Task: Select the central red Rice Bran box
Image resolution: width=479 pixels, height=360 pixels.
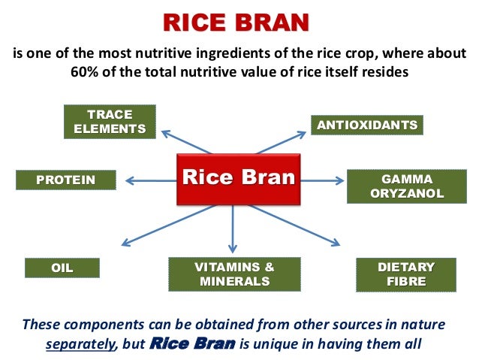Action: pyautogui.click(x=237, y=179)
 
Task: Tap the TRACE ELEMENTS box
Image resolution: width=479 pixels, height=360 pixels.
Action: pyautogui.click(x=110, y=123)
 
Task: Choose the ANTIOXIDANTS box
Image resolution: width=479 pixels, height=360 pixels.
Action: pyautogui.click(x=367, y=125)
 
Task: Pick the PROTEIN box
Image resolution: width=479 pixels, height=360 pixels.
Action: pyautogui.click(x=66, y=180)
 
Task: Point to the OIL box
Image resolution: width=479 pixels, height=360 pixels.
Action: pyautogui.click(x=62, y=268)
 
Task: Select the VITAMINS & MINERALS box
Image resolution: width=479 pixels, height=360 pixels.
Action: pyautogui.click(x=234, y=274)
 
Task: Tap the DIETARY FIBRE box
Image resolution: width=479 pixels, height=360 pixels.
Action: pyautogui.click(x=406, y=274)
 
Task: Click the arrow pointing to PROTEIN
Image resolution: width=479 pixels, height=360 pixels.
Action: pyautogui.click(x=150, y=180)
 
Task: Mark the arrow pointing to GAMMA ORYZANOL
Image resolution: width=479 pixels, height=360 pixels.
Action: pyautogui.click(x=322, y=180)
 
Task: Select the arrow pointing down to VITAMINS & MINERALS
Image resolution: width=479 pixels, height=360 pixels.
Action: pyautogui.click(x=233, y=228)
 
